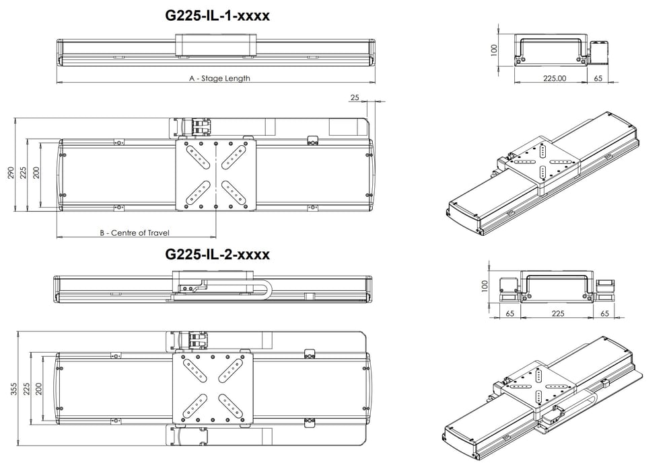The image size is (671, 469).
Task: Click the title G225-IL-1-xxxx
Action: [x=217, y=15]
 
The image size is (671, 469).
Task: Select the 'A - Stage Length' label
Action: [x=219, y=79]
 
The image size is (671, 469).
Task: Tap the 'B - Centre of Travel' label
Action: [x=135, y=233]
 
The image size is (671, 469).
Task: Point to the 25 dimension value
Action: [x=355, y=98]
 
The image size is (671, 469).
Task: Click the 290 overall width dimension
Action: [x=10, y=173]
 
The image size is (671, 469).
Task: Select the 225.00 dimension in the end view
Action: [x=554, y=78]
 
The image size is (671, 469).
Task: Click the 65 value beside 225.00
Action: [x=598, y=78]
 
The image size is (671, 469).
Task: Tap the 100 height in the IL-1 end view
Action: [x=494, y=50]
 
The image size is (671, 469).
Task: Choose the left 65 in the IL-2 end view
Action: [x=509, y=313]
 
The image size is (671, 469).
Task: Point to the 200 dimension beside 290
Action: [x=36, y=173]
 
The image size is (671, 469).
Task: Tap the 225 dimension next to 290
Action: [x=23, y=173]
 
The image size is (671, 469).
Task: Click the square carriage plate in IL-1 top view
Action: [x=215, y=175]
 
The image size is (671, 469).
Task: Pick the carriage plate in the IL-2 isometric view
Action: [x=538, y=383]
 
